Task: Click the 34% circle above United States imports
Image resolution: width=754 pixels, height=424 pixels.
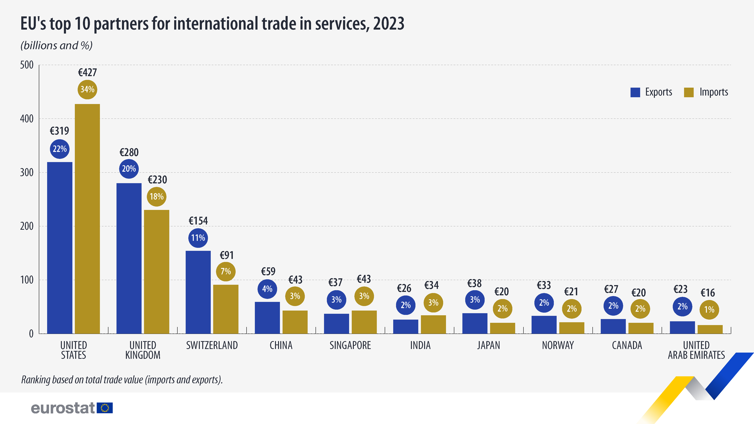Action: pos(87,89)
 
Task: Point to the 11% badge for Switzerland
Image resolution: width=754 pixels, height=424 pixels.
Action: pos(198,238)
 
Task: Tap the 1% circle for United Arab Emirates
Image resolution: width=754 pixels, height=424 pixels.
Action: pos(709,310)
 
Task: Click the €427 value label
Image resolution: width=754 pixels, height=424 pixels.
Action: pos(87,73)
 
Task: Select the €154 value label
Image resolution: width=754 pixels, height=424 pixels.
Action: pos(198,221)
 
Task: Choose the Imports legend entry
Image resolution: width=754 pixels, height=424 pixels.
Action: pos(706,92)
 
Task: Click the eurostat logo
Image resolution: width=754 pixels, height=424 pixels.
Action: pos(72,408)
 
